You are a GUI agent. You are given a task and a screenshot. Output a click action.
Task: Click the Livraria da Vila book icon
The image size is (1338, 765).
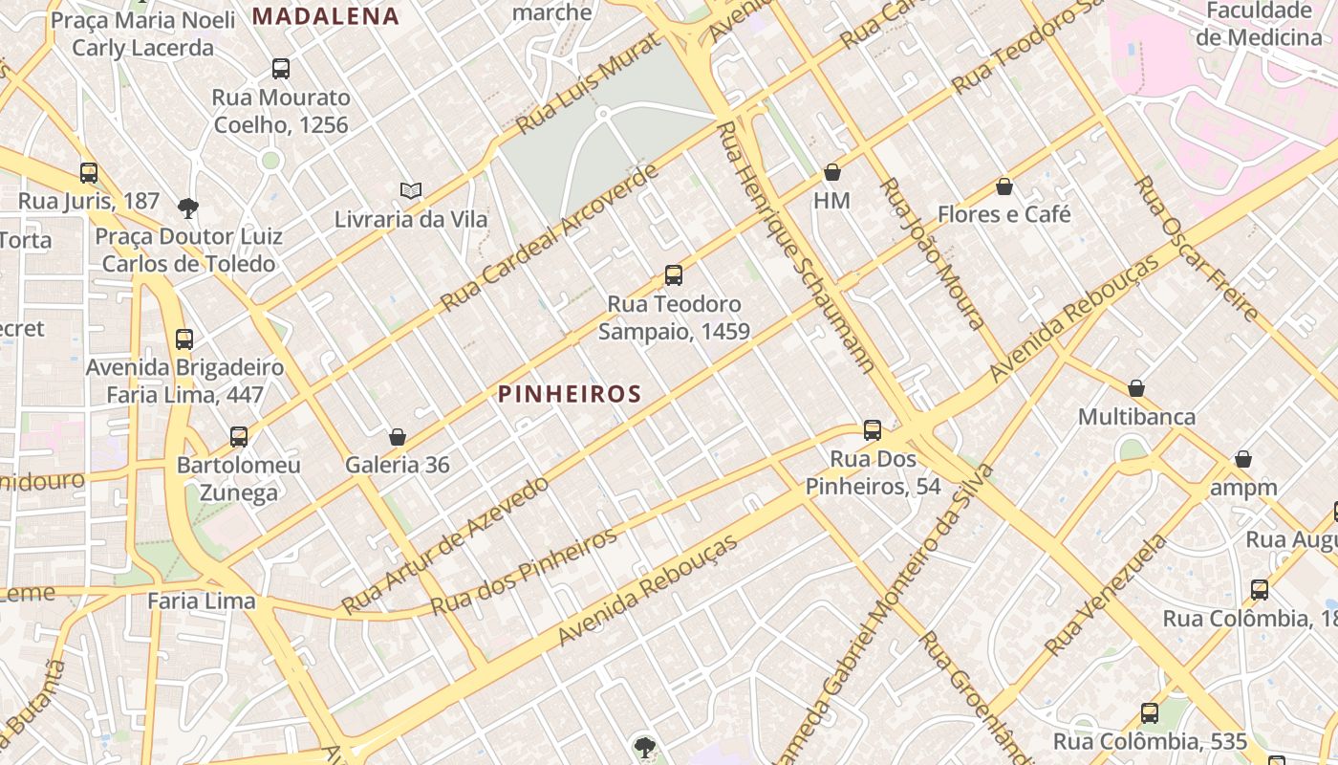tap(411, 191)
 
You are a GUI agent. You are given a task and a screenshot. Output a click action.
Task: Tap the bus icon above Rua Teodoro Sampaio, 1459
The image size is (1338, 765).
tap(674, 276)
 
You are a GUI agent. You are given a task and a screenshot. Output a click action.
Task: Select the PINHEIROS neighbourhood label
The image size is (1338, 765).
tap(570, 394)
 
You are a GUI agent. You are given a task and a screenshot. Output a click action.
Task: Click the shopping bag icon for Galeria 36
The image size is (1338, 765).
tap(398, 438)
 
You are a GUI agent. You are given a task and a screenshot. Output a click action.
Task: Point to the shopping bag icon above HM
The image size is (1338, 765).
tap(832, 173)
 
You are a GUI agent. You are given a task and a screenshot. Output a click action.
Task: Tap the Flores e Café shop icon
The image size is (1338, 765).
tap(1003, 186)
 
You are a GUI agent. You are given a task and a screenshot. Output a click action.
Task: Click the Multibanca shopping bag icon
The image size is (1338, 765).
tap(1136, 388)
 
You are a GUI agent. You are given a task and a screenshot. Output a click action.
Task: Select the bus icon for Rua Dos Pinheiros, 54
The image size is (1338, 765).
tap(873, 430)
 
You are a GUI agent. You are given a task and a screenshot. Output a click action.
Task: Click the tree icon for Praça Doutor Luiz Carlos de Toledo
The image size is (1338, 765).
tap(188, 208)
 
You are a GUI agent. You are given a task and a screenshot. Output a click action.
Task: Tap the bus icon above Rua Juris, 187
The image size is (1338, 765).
tap(89, 173)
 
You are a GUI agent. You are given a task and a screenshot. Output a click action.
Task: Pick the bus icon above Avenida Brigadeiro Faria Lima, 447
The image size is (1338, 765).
tap(184, 339)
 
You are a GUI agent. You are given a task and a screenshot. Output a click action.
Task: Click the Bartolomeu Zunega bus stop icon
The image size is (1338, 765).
tap(239, 437)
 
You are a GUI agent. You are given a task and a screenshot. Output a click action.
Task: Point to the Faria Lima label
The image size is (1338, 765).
tap(202, 601)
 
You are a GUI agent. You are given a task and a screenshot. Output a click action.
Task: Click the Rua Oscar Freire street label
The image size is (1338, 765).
tap(1196, 248)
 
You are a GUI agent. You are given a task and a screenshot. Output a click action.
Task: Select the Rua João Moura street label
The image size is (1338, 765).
tap(932, 252)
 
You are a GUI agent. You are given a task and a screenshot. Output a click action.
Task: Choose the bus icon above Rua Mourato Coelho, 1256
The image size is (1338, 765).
tap(281, 69)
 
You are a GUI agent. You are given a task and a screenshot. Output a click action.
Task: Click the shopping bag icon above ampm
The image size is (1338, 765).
tap(1243, 460)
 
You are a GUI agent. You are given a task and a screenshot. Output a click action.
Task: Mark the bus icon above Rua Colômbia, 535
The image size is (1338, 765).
tap(1150, 713)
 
